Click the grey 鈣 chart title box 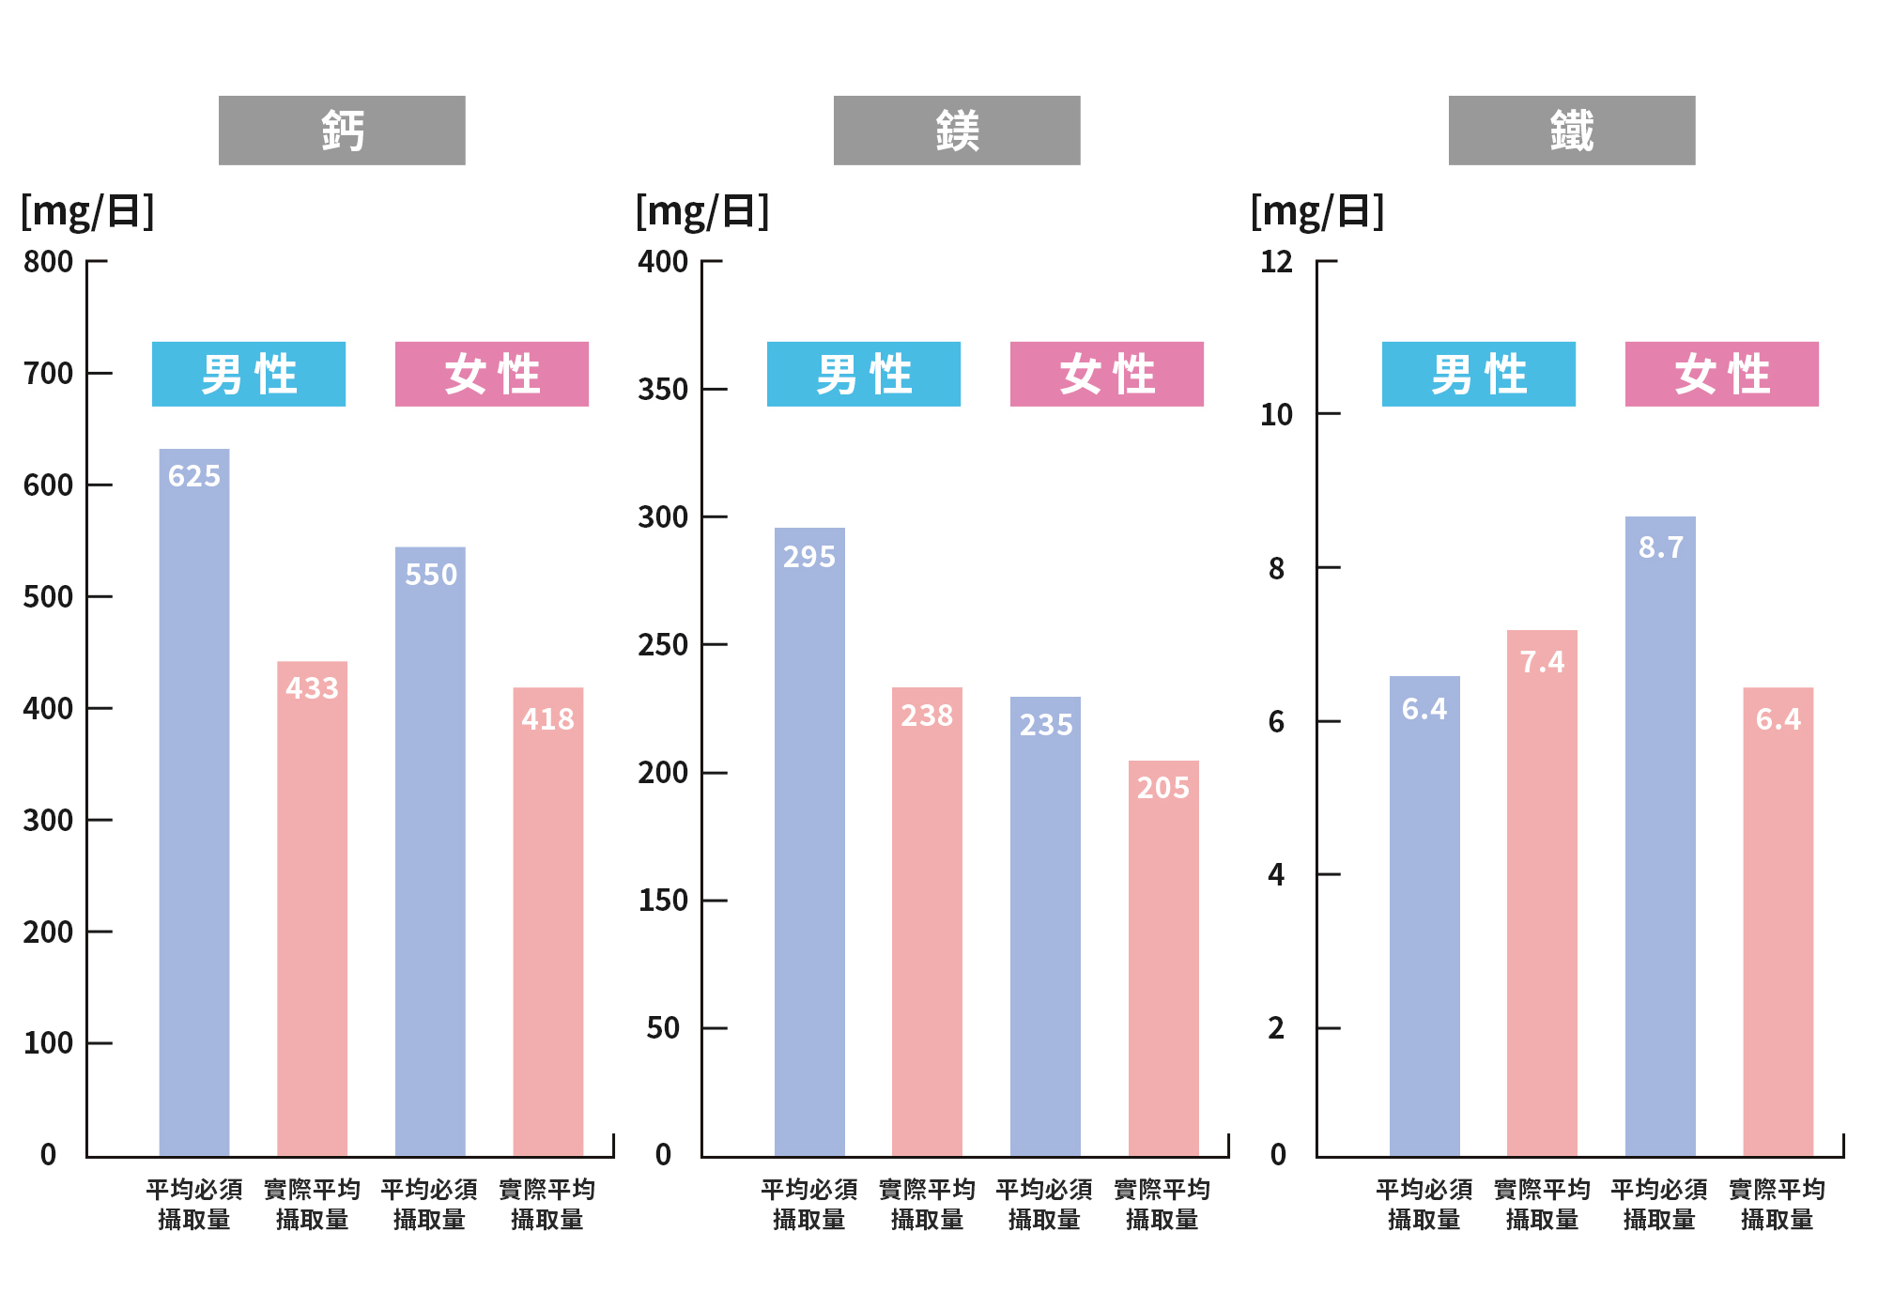tap(342, 131)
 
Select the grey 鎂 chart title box tap(957, 131)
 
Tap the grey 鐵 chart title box tap(1572, 131)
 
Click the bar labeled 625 tap(194, 803)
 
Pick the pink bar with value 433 tap(312, 909)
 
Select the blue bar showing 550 tap(430, 852)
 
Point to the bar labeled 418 tap(548, 922)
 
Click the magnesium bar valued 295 tap(809, 842)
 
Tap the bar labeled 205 tap(1163, 959)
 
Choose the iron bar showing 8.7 tap(1660, 837)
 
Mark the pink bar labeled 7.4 tap(1542, 893)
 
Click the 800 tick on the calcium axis tap(49, 262)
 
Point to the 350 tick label tap(663, 390)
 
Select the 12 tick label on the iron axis tap(1276, 262)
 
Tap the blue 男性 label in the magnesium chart tap(864, 374)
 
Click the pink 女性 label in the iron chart tap(1722, 374)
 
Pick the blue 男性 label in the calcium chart tap(249, 374)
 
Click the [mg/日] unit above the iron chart tap(1317, 211)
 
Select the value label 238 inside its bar tap(927, 716)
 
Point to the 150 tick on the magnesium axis tap(663, 901)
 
